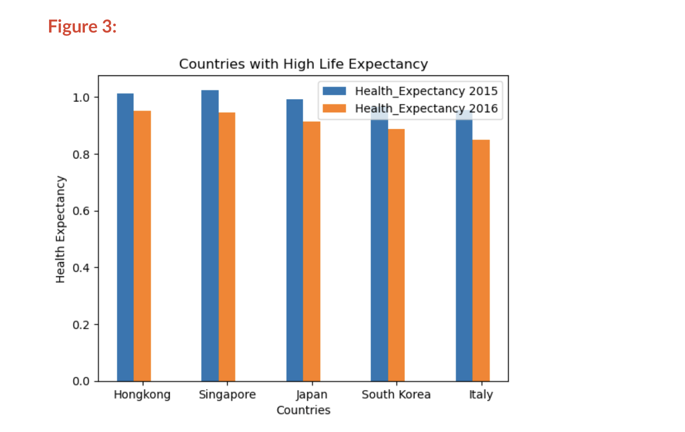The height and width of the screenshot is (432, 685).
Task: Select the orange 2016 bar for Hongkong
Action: coord(142,246)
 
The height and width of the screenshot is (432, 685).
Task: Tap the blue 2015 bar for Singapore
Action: coord(210,235)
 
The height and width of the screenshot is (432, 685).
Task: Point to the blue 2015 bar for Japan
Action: coord(295,240)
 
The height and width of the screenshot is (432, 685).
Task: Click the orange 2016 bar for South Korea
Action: coord(396,255)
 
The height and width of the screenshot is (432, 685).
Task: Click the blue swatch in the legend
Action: coord(334,91)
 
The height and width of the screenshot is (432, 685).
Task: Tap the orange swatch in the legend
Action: coord(334,108)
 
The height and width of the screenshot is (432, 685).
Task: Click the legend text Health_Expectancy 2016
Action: coord(426,108)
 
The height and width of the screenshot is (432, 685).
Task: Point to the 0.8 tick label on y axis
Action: coord(81,155)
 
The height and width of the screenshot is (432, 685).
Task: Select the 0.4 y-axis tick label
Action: coord(81,268)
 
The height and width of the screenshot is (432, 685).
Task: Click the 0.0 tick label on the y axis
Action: coord(81,381)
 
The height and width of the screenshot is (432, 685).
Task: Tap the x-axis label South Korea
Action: coord(396,395)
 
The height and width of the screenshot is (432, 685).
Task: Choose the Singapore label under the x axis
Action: coord(227,395)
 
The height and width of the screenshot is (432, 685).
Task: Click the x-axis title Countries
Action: coord(303,410)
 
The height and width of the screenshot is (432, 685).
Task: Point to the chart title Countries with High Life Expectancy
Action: coord(303,64)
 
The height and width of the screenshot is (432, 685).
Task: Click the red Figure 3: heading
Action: coord(82,26)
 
